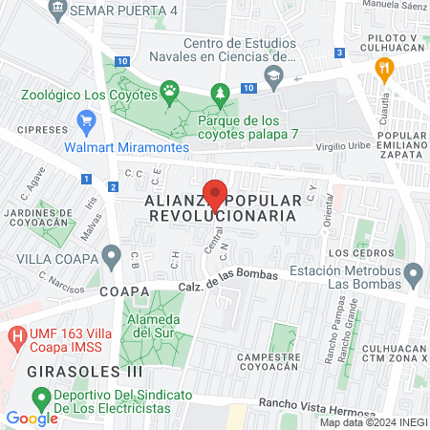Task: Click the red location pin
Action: [x=217, y=192]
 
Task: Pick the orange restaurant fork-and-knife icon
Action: [x=385, y=68]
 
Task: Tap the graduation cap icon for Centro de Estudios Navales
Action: [x=275, y=77]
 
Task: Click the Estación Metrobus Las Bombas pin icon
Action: [x=414, y=276]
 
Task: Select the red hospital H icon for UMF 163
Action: [x=17, y=337]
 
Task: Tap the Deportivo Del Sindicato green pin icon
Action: [x=41, y=397]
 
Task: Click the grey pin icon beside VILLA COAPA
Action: [x=113, y=257]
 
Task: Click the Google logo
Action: [x=32, y=418]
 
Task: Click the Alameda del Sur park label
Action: [x=154, y=325]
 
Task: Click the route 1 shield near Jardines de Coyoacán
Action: [x=86, y=178]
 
